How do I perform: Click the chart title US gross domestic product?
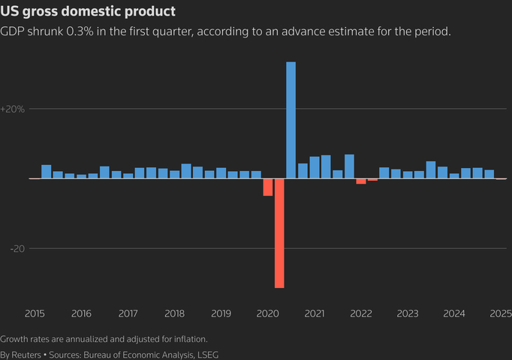(89, 12)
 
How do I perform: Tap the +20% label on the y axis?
(13, 109)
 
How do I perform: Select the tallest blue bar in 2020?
(291, 120)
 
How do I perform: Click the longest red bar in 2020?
(279, 233)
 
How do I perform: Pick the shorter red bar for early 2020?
(267, 187)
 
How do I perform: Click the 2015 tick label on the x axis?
(35, 313)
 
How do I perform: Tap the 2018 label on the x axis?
(174, 313)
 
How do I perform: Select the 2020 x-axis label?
(268, 313)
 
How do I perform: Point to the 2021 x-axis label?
(315, 313)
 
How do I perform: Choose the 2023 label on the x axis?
(408, 313)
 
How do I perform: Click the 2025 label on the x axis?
(499, 313)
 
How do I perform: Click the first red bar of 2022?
(361, 181)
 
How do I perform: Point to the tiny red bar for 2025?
(501, 179)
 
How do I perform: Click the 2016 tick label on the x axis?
(81, 313)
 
